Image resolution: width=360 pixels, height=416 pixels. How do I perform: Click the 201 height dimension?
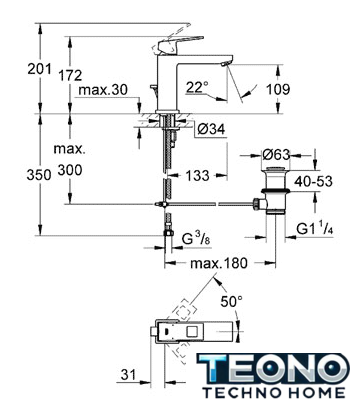coord(39,69)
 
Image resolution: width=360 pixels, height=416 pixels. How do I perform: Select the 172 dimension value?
coord(70,75)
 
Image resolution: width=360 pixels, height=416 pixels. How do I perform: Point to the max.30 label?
coord(103,90)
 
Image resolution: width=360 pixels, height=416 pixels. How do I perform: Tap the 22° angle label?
coord(197,87)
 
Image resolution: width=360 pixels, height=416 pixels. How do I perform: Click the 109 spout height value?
coord(278,89)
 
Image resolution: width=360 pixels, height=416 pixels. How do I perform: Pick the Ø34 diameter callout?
coord(211,129)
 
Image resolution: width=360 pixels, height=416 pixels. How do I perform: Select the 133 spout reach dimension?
coord(198,176)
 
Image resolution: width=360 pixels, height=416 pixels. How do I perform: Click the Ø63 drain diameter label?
coord(276,154)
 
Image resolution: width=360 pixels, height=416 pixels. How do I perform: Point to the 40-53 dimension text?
coord(313,181)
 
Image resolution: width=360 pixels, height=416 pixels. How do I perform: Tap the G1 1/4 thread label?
coord(315,229)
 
